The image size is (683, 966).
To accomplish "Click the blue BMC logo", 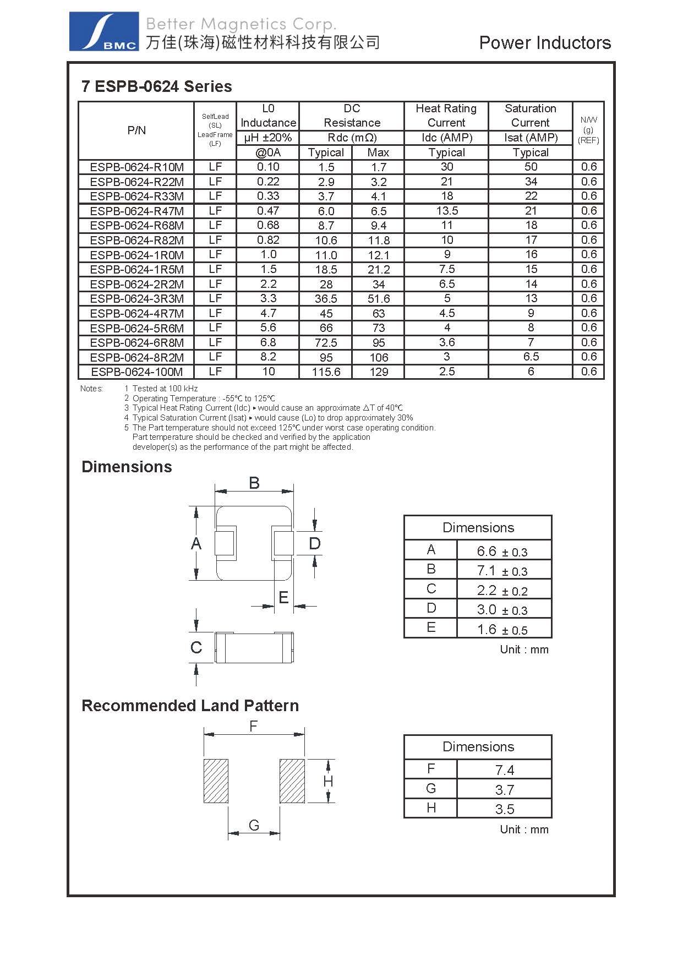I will [104, 32].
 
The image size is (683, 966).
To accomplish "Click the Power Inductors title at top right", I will [544, 43].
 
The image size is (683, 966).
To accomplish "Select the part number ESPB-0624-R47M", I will [136, 211].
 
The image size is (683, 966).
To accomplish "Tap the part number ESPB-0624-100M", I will [136, 372].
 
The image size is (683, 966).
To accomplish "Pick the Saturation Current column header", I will [530, 116].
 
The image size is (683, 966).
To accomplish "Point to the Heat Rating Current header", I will [446, 116].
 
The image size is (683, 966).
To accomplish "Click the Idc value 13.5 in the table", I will [447, 211].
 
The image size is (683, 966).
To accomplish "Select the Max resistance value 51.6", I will [379, 299].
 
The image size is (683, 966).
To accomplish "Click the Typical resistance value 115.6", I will [326, 372].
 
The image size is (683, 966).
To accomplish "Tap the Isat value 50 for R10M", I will [531, 167].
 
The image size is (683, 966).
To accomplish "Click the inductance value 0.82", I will [268, 240].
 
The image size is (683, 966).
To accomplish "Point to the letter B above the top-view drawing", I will [254, 483].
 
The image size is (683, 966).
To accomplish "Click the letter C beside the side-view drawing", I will [196, 647].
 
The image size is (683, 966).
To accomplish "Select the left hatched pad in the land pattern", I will [216, 781].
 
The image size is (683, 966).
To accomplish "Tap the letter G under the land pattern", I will [254, 825].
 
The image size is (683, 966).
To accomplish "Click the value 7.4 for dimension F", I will [504, 770].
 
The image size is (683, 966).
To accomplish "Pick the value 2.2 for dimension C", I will [487, 590].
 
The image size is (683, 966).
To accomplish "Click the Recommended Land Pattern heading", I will [190, 706].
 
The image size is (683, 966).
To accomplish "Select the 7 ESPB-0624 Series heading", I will [157, 86].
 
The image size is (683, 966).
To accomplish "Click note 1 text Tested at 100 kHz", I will [165, 389].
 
